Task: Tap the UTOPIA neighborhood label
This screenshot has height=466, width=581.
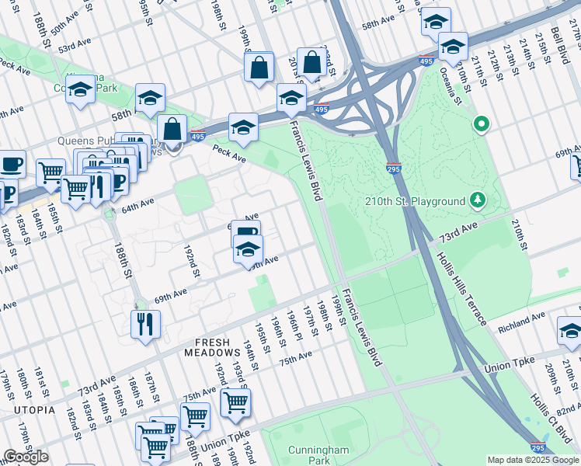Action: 33,409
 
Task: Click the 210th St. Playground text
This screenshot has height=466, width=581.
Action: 415,202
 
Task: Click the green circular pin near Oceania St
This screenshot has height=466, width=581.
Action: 482,123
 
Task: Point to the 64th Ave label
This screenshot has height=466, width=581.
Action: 137,207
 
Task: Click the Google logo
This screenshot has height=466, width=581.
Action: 26,457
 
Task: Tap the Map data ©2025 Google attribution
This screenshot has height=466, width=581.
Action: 533,460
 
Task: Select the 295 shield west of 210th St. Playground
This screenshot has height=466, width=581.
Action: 394,167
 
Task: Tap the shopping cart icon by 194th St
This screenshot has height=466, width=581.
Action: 235,402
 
